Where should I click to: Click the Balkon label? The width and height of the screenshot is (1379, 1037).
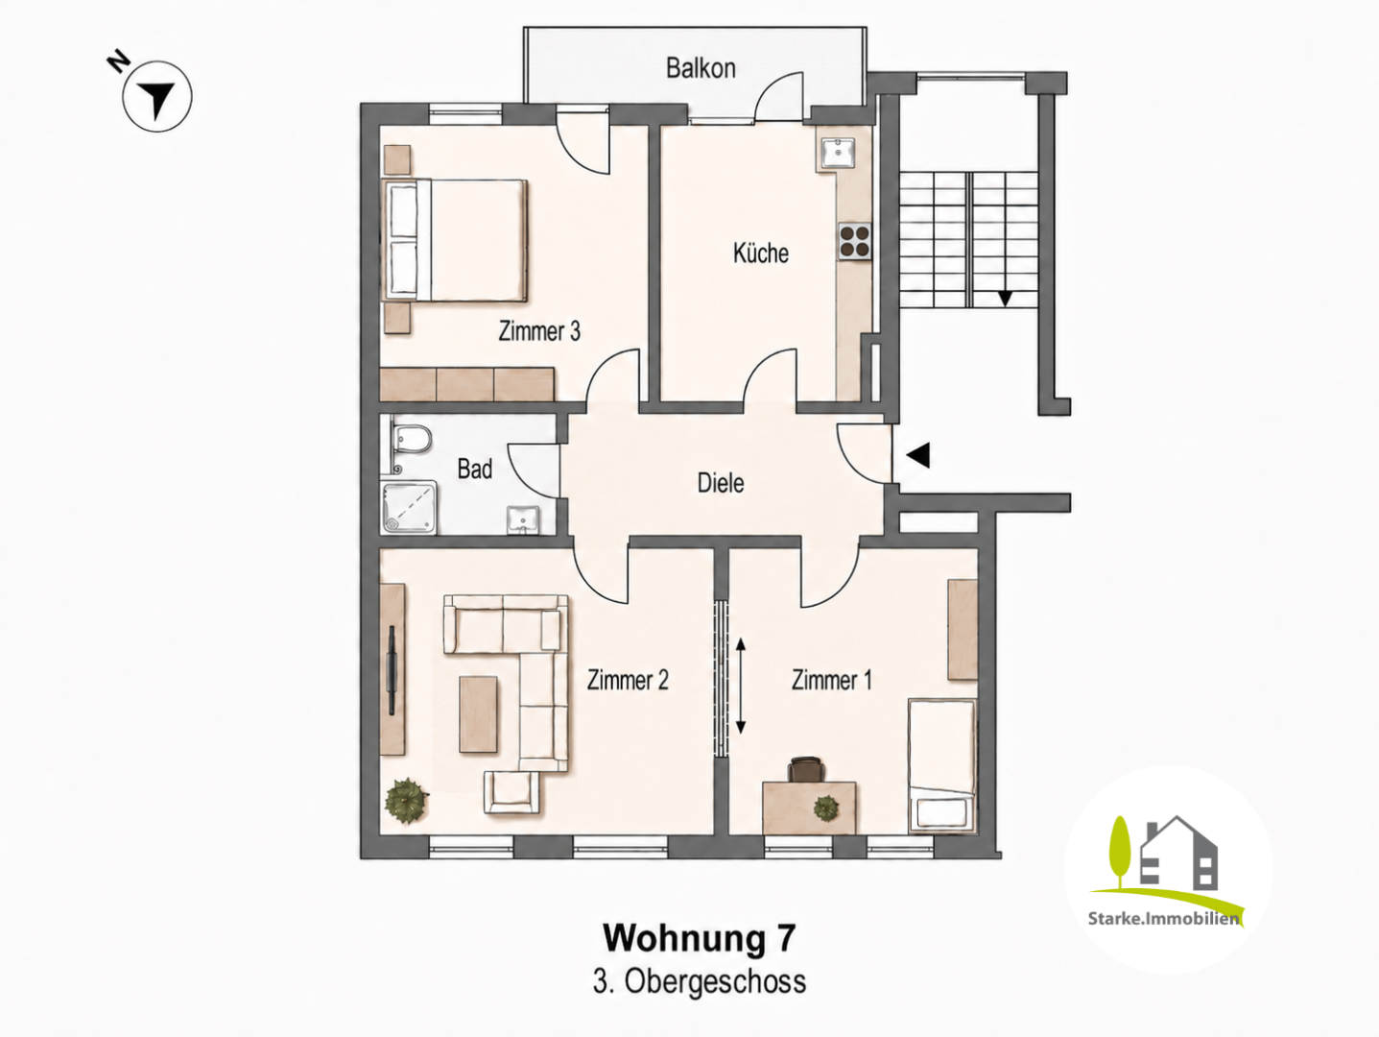click(x=701, y=68)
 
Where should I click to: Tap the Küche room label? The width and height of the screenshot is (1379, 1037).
click(x=761, y=253)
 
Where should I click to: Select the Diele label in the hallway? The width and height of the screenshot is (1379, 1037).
click(x=721, y=483)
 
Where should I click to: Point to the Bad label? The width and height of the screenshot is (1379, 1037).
click(x=474, y=469)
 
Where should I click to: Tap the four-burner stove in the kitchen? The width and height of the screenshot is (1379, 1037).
click(x=854, y=242)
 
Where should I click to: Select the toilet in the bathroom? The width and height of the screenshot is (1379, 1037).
click(x=410, y=439)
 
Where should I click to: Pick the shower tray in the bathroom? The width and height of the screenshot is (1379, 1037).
click(x=409, y=508)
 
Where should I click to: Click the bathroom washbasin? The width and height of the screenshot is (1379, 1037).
click(x=523, y=519)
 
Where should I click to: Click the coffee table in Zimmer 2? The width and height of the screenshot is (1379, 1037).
click(x=479, y=713)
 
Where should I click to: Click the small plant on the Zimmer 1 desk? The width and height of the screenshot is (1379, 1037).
click(x=826, y=808)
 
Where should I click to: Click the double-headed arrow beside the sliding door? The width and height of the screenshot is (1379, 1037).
click(x=741, y=686)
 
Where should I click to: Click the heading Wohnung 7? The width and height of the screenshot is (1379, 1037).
click(x=700, y=938)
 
